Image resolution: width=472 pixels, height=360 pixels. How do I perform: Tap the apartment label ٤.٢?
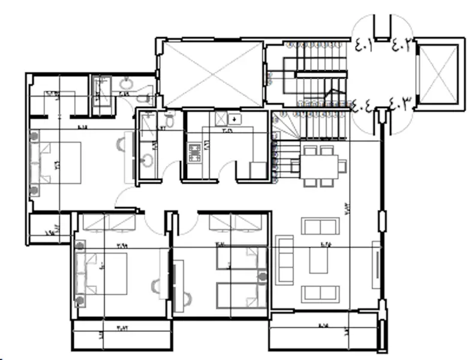pyautogui.click(x=401, y=44)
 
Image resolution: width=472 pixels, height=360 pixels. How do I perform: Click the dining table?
pyautogui.click(x=320, y=165)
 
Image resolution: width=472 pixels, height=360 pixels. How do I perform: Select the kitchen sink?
pyautogui.click(x=235, y=119)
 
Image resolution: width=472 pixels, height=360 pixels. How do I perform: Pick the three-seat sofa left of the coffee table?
pyautogui.click(x=284, y=259)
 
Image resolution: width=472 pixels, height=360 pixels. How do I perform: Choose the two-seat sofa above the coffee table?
pyautogui.click(x=319, y=226)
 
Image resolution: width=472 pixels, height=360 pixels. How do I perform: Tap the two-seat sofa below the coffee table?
pyautogui.click(x=319, y=294)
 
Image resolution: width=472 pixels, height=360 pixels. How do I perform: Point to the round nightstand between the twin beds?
pyautogui.click(x=261, y=276)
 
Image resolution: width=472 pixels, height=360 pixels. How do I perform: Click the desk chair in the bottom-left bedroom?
pyautogui.click(x=157, y=287)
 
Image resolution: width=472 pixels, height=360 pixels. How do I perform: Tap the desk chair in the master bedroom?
pyautogui.click(x=122, y=144)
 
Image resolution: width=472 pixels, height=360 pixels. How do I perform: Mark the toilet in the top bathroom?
pyautogui.click(x=142, y=98)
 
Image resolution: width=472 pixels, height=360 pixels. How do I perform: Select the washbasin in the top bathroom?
pyautogui.click(x=126, y=83)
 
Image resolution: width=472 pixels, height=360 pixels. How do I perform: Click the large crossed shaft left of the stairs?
pyautogui.click(x=212, y=73)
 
